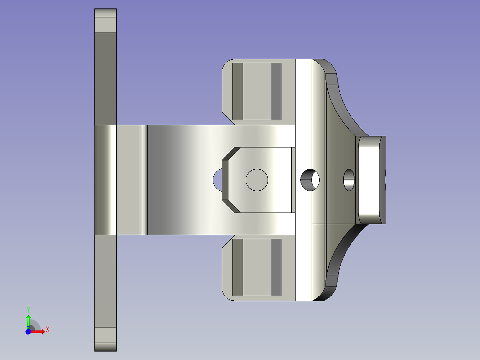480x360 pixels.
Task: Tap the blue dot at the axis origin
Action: point(28,331)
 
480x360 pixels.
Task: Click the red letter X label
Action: point(48,330)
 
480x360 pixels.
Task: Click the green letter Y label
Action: point(28,310)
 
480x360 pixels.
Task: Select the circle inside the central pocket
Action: point(257,180)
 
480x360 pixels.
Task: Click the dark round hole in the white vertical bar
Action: point(310,180)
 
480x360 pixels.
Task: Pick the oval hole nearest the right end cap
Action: point(349,180)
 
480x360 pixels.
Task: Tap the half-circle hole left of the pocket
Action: point(217,180)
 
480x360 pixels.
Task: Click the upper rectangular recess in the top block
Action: point(257,92)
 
